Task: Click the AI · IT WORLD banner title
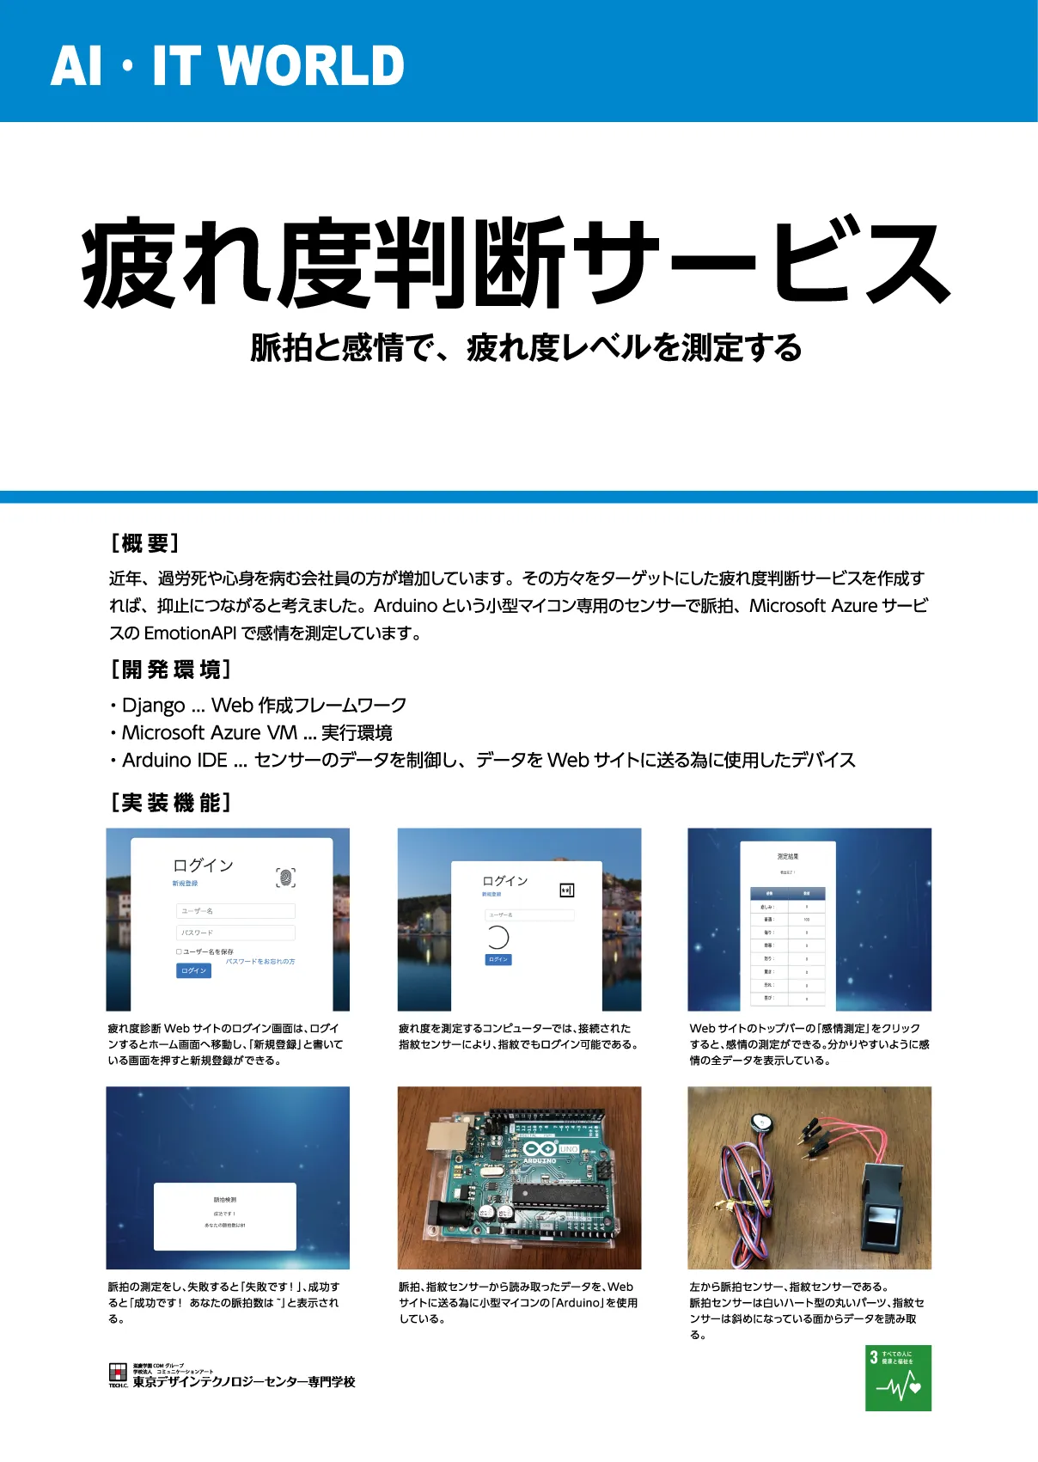click(x=227, y=66)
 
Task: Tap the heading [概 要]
click(x=144, y=543)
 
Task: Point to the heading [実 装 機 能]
click(x=170, y=803)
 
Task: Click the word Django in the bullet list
click(x=153, y=706)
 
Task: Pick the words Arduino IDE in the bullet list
click(x=174, y=761)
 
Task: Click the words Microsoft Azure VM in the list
click(x=209, y=733)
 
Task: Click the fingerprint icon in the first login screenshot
click(x=285, y=877)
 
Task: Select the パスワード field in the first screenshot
click(x=235, y=933)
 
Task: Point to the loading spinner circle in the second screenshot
click(x=498, y=937)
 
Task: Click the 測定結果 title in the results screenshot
click(x=788, y=856)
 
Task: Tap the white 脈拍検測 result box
click(x=225, y=1216)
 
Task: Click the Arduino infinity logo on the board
click(x=540, y=1148)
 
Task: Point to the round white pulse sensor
click(x=758, y=1121)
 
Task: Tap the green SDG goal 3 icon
click(x=898, y=1378)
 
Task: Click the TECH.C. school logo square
click(x=118, y=1373)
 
